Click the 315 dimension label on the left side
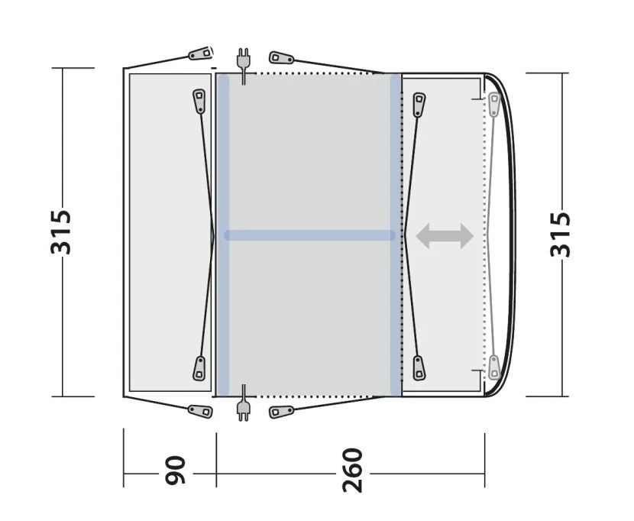click(x=61, y=232)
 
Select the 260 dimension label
click(x=352, y=471)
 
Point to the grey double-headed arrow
click(x=445, y=237)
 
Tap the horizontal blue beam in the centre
click(x=309, y=236)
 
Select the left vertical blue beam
click(x=223, y=235)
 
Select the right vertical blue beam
click(x=396, y=235)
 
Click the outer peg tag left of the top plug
click(x=201, y=54)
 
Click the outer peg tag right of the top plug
click(x=281, y=58)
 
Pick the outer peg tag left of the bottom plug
click(x=201, y=411)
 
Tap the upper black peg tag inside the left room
click(x=199, y=101)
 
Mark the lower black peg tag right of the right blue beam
click(x=418, y=367)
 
